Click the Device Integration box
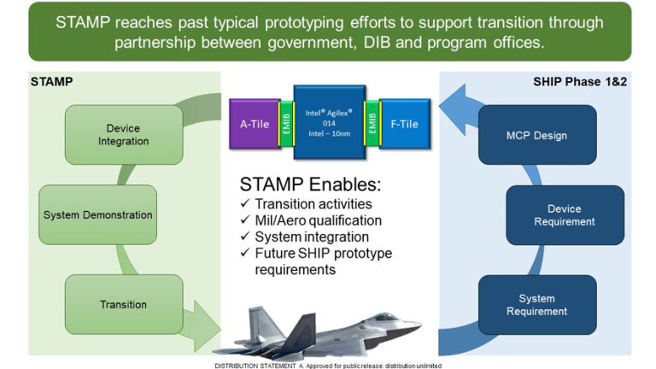click(x=123, y=135)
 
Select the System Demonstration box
click(x=98, y=214)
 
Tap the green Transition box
click(x=123, y=304)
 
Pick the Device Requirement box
click(x=565, y=214)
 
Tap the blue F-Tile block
click(x=404, y=124)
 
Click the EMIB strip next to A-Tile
click(x=285, y=124)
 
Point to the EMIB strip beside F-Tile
click(x=372, y=124)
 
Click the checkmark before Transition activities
click(x=245, y=204)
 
